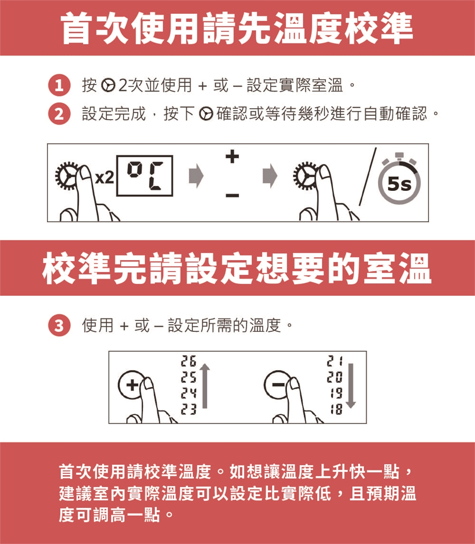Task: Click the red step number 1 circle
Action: (x=59, y=85)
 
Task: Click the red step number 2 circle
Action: (x=59, y=114)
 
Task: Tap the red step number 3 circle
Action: (x=59, y=325)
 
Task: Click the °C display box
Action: (x=144, y=176)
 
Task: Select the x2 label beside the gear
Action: (x=104, y=178)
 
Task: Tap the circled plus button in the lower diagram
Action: (x=131, y=385)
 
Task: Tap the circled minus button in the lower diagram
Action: (x=277, y=384)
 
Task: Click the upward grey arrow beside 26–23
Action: (x=205, y=385)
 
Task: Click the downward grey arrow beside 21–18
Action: (x=351, y=385)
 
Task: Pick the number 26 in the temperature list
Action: (x=189, y=361)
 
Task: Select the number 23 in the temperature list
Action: (x=189, y=409)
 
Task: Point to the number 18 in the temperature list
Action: (x=336, y=409)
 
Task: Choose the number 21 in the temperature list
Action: (x=334, y=361)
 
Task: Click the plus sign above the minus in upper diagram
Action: (x=232, y=156)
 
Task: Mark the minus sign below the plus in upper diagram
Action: (x=232, y=195)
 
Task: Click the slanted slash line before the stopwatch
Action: (x=367, y=176)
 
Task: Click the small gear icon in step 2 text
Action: (x=206, y=114)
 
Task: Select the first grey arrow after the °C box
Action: (x=196, y=176)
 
